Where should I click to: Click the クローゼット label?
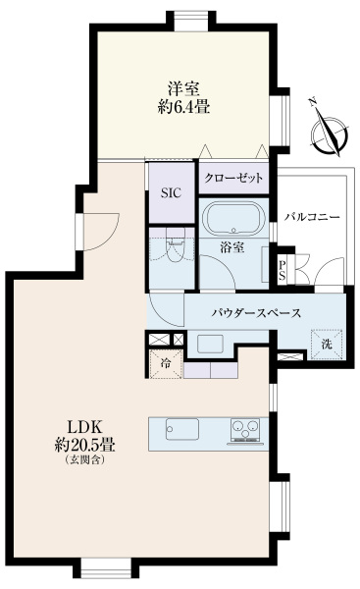233,179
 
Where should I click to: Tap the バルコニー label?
312,215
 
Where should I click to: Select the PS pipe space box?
283,268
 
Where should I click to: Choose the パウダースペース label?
255,314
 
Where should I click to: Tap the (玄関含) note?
85,460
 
